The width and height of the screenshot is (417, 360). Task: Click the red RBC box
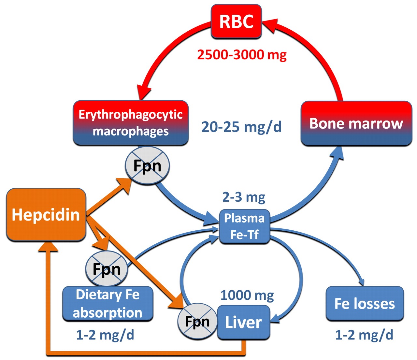click(x=236, y=22)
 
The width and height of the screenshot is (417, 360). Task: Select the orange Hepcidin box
click(x=46, y=215)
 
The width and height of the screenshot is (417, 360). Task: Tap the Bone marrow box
click(x=356, y=123)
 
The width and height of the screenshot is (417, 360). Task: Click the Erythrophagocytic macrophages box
click(x=131, y=123)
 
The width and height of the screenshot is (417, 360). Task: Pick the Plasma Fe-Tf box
click(x=244, y=226)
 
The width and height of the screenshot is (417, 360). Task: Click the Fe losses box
click(x=365, y=304)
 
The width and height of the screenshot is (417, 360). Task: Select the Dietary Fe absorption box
click(x=108, y=304)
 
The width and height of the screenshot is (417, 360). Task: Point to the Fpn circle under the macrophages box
click(x=148, y=166)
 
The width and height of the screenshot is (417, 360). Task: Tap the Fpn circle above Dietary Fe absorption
click(x=107, y=269)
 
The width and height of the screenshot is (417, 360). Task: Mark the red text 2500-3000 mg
click(x=242, y=54)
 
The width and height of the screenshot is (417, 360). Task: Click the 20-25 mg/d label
click(x=241, y=126)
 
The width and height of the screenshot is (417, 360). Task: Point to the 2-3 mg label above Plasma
click(x=244, y=197)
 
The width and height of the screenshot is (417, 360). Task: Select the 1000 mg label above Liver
click(x=247, y=295)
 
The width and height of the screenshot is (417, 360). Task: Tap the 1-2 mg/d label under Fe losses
click(x=364, y=335)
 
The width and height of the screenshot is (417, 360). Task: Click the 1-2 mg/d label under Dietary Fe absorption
click(x=105, y=335)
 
